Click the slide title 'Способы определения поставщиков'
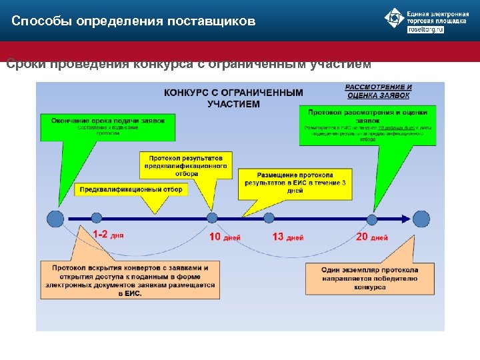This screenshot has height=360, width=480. click(x=133, y=21)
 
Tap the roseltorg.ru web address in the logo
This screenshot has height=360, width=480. click(x=425, y=30)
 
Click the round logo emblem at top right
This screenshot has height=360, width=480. click(x=395, y=19)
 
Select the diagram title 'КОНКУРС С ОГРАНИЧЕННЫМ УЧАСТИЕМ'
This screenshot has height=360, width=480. click(x=233, y=98)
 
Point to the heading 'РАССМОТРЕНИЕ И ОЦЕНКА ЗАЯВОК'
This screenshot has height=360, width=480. click(x=378, y=91)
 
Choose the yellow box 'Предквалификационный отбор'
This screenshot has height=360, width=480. click(x=130, y=189)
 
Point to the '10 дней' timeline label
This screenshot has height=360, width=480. click(x=225, y=237)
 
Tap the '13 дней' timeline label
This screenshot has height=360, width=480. click(x=288, y=237)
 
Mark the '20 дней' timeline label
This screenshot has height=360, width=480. click(x=372, y=237)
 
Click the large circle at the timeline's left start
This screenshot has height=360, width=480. click(x=56, y=218)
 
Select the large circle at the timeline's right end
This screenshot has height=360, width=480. click(x=421, y=219)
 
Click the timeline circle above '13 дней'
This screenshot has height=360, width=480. click(x=269, y=217)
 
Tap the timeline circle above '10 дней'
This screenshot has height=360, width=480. click(x=212, y=217)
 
